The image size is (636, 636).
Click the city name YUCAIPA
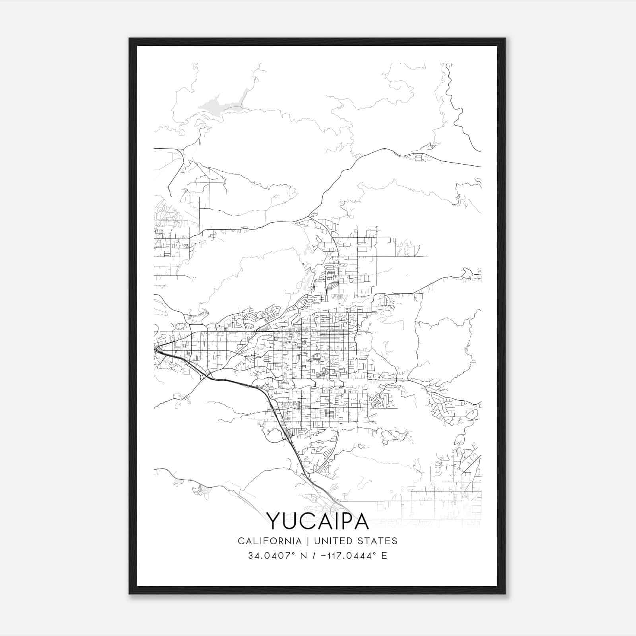pos(317,521)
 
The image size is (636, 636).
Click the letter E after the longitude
pos(384,556)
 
